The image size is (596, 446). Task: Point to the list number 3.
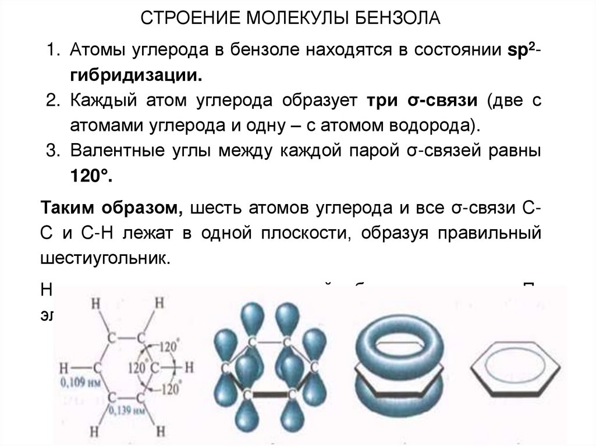click(x=54, y=150)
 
